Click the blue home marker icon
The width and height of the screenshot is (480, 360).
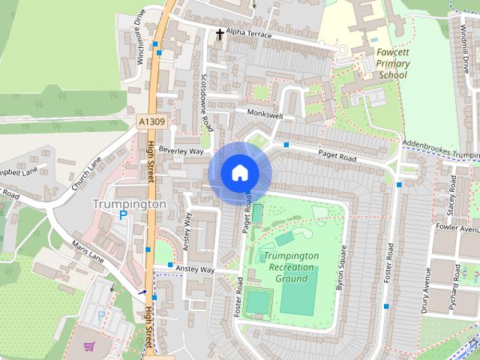tap(238, 173)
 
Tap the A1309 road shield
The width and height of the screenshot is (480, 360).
tap(151, 121)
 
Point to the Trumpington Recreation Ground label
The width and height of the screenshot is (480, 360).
tap(291, 267)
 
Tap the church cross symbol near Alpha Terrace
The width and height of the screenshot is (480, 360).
tap(220, 34)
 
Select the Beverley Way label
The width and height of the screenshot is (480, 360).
tap(186, 151)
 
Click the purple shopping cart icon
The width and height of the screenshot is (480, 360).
tap(89, 346)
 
